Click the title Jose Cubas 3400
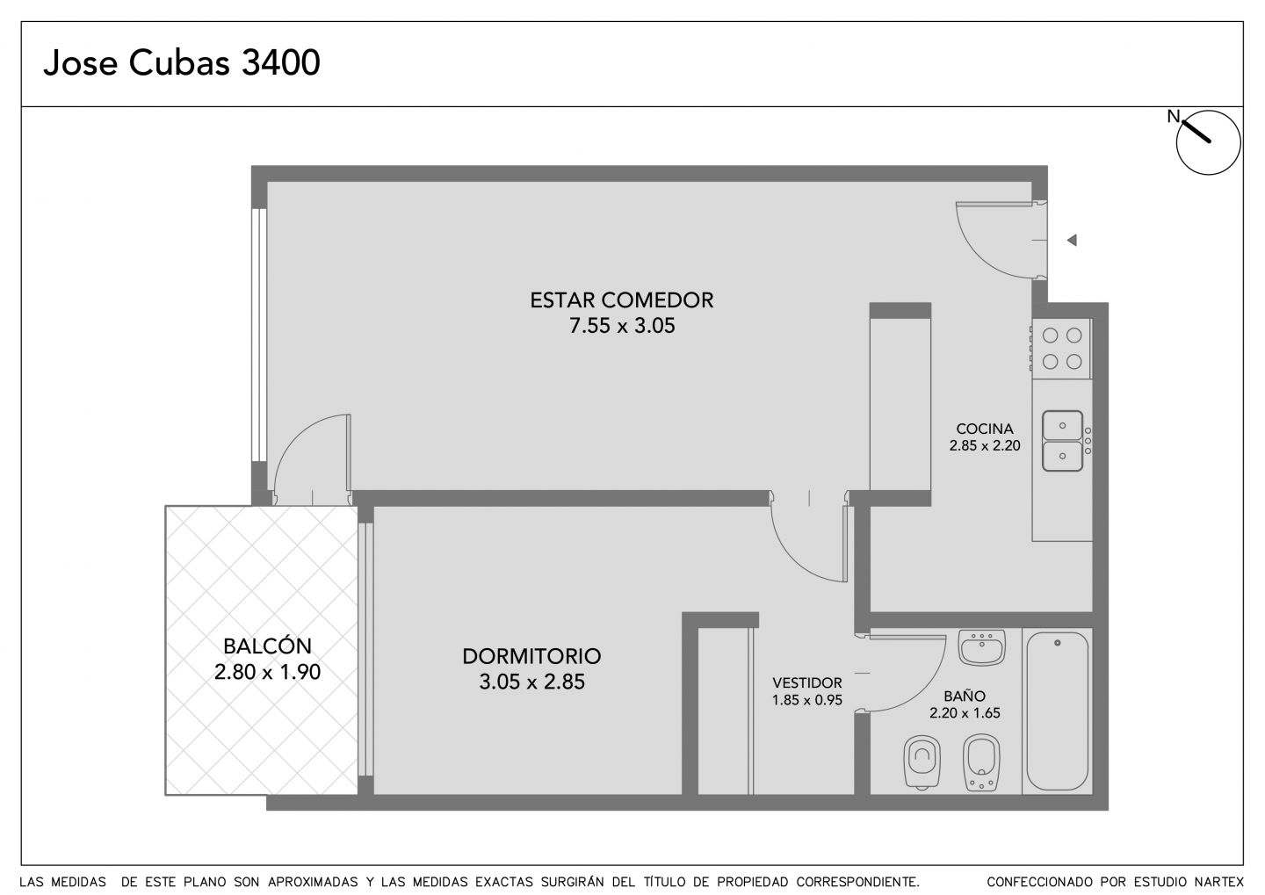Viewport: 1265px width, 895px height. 182,62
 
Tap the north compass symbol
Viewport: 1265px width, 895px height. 1208,142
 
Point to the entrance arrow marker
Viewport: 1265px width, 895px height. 1072,240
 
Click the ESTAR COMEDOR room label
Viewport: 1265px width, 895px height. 622,300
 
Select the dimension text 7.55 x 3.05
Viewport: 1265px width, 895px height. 622,326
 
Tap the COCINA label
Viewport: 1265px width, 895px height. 985,429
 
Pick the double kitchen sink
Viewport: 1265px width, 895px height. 1062,441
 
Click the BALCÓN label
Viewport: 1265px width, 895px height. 267,646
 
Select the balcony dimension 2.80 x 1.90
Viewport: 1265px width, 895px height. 267,672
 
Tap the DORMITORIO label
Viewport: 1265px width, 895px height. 531,656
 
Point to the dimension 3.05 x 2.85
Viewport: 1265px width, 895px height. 531,682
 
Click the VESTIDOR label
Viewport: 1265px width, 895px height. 807,682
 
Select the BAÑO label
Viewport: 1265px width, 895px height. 964,696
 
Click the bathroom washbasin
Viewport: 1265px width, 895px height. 982,647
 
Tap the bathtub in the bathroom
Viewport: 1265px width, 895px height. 1057,711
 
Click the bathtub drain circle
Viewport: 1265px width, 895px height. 1058,643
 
